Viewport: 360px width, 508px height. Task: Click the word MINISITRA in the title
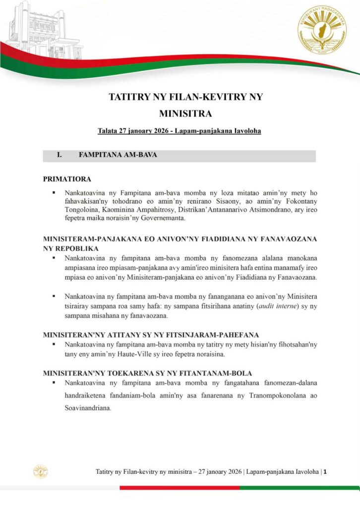click(x=185, y=114)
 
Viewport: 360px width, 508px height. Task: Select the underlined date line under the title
click(x=179, y=131)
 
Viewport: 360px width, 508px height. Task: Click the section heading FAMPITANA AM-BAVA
click(x=118, y=155)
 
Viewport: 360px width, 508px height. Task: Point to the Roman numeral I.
click(x=59, y=155)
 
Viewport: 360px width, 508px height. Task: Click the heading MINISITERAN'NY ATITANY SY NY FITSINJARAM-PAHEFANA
click(x=158, y=334)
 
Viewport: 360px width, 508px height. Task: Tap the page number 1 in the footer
click(x=325, y=472)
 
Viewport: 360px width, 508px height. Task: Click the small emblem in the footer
click(x=41, y=472)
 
